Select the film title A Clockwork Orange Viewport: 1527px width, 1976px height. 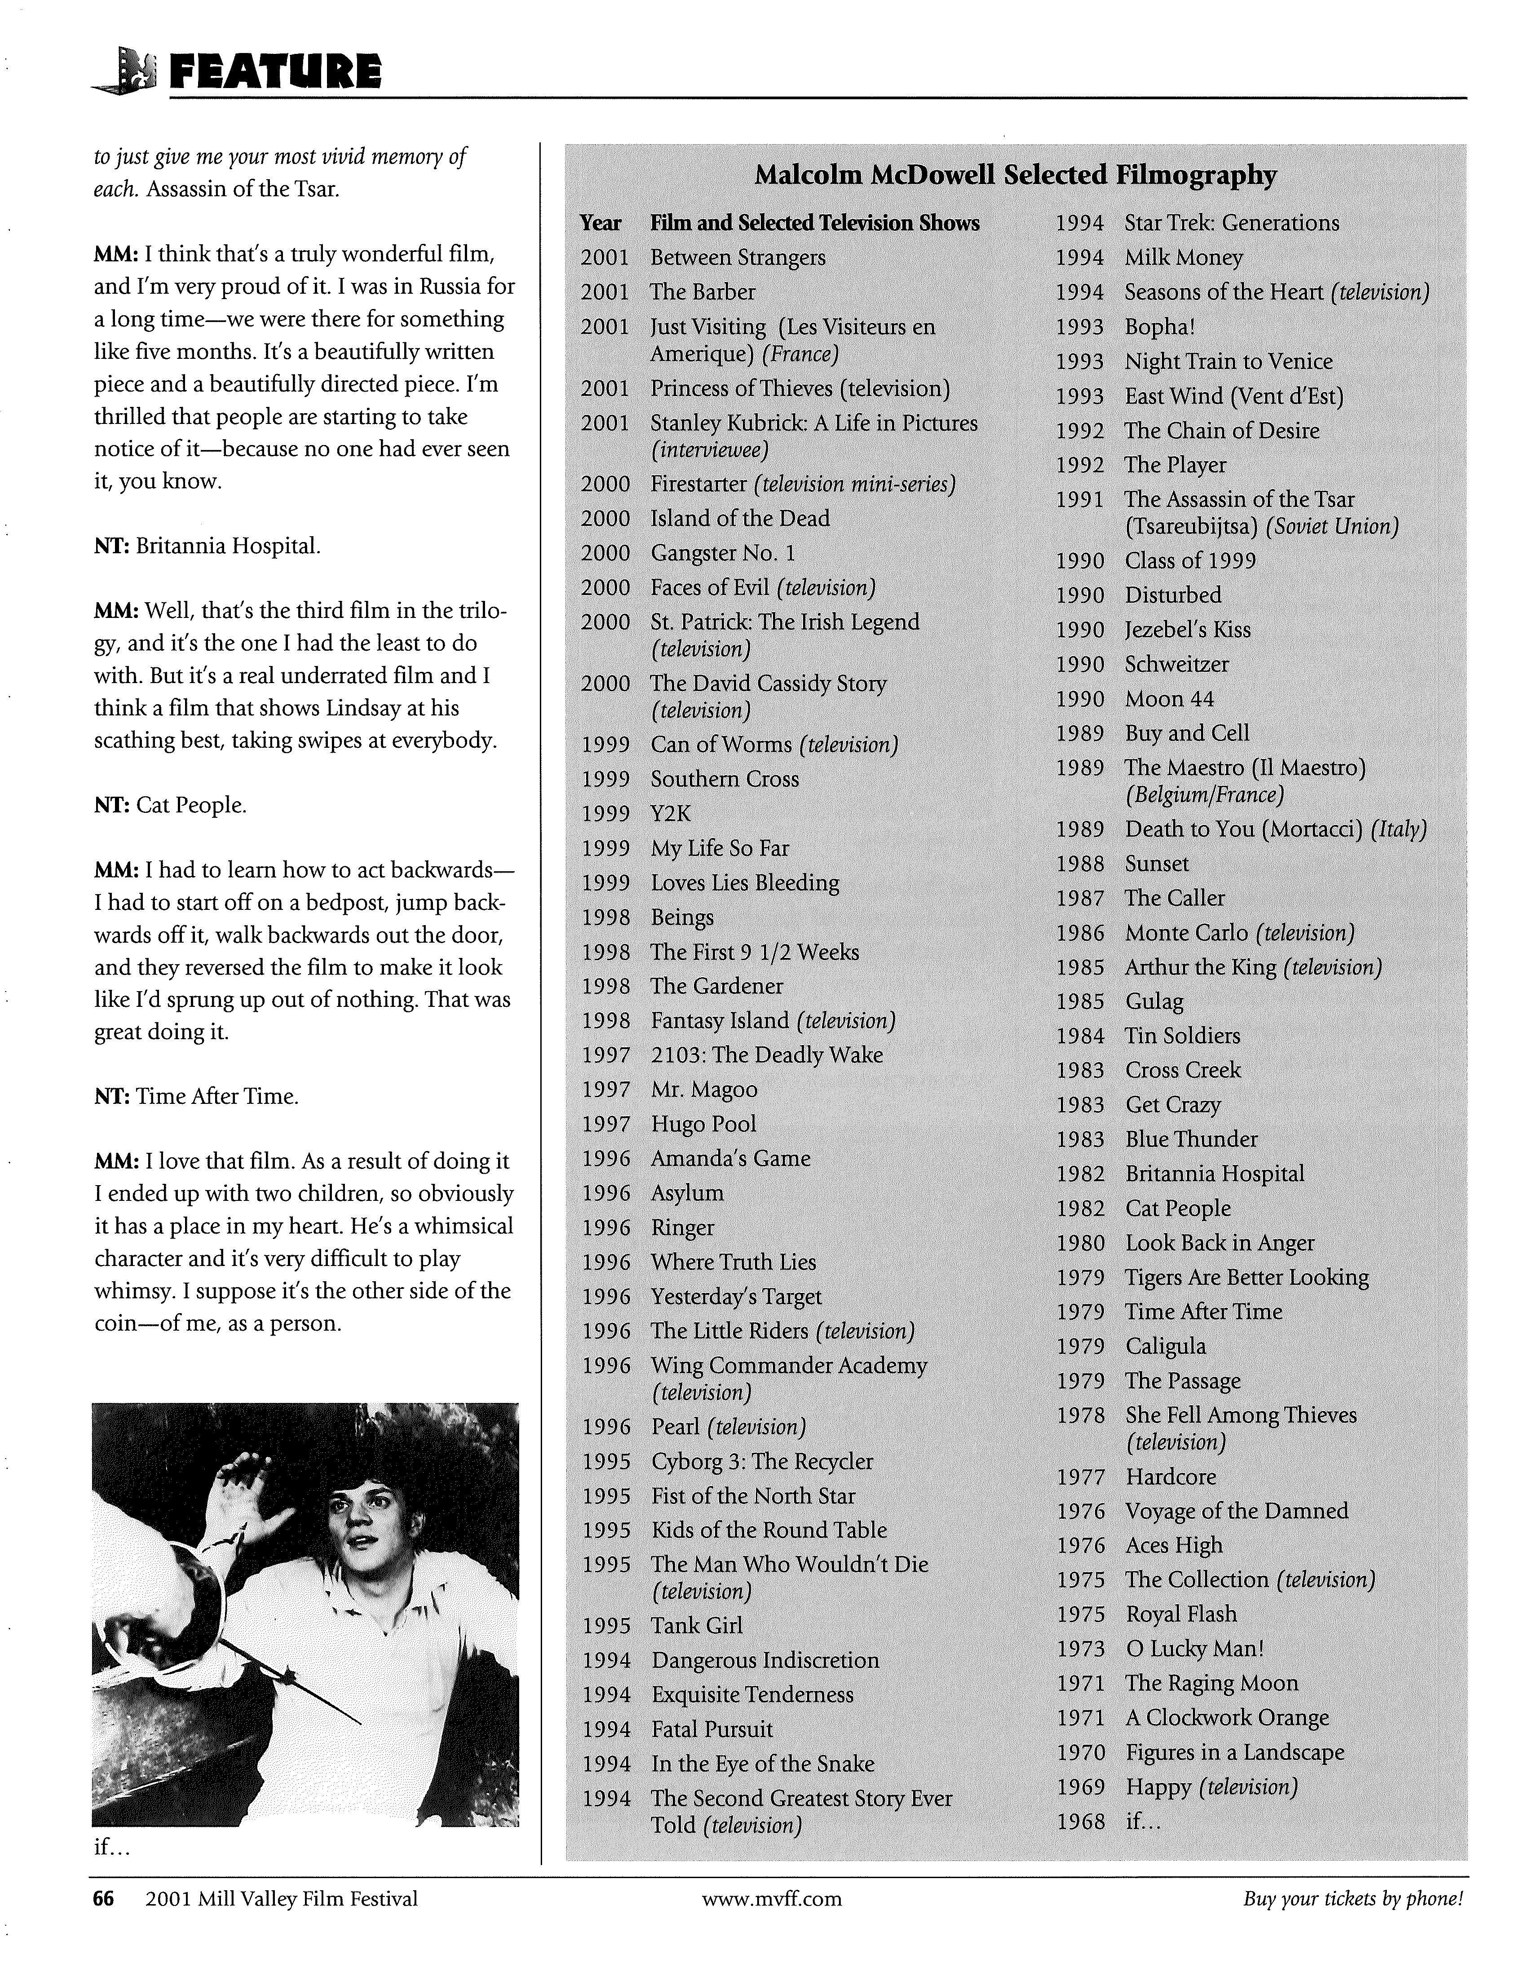pos(1227,1717)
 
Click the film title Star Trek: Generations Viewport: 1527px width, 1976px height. pos(1231,224)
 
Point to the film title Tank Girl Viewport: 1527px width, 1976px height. pos(697,1625)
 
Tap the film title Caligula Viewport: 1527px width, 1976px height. pos(1165,1346)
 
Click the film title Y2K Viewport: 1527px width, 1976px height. pos(671,813)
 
